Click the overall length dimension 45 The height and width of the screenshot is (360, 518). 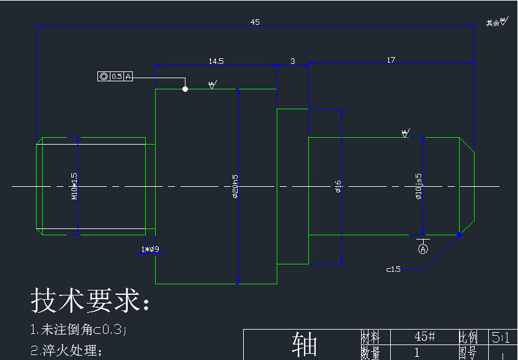pos(255,22)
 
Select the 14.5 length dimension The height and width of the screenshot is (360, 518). pos(216,61)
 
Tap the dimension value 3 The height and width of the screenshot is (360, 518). pos(293,61)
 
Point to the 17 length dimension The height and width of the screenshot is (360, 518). pos(391,60)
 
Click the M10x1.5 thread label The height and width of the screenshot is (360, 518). pos(74,186)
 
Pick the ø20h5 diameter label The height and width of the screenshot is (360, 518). pos(235,186)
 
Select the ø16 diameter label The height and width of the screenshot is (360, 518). pos(338,186)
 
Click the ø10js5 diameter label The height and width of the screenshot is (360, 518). pos(419,186)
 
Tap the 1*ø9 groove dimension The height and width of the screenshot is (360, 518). pos(150,250)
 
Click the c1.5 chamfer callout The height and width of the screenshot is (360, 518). pos(393,269)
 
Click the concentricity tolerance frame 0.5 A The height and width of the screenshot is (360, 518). pos(115,76)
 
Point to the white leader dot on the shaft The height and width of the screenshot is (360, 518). pos(185,89)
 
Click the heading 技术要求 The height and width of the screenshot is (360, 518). pos(91,301)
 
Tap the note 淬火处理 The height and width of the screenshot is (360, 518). pos(66,350)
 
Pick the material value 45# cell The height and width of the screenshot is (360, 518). pos(424,336)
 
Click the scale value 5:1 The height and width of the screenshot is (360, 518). pos(501,337)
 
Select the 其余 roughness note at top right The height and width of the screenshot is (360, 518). pos(496,22)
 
